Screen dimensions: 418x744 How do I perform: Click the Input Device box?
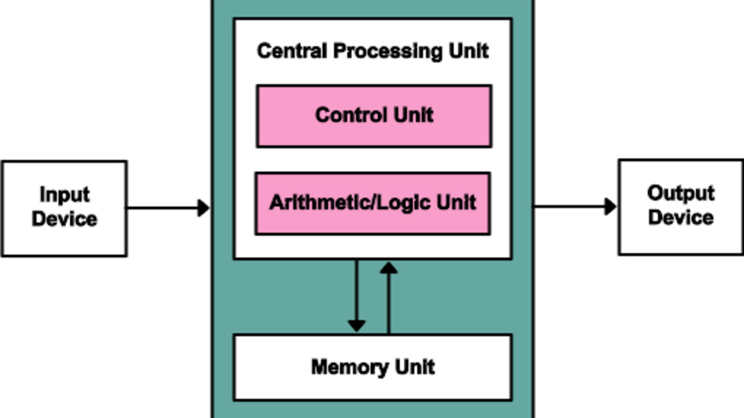pyautogui.click(x=64, y=208)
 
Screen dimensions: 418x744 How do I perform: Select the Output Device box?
pyautogui.click(x=681, y=207)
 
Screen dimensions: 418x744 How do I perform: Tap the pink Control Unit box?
pyautogui.click(x=374, y=116)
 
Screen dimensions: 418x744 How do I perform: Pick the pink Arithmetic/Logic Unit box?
pyautogui.click(x=373, y=203)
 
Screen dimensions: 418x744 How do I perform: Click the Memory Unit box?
pyautogui.click(x=373, y=367)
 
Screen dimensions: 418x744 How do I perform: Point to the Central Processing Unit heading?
pyautogui.click(x=373, y=51)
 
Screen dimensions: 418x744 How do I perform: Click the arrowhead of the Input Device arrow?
pyautogui.click(x=203, y=208)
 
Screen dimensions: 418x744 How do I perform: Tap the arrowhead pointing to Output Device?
pyautogui.click(x=610, y=207)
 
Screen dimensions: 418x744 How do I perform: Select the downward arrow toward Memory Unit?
pyautogui.click(x=356, y=297)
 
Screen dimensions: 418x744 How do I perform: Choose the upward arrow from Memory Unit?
pyautogui.click(x=389, y=297)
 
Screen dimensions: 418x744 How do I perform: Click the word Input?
pyautogui.click(x=64, y=194)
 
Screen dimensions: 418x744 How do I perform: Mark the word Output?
pyautogui.click(x=681, y=193)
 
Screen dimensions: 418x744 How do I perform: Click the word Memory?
pyautogui.click(x=344, y=367)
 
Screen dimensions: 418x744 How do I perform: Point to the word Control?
pyautogui.click(x=347, y=115)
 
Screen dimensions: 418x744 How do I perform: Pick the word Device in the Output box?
pyautogui.click(x=681, y=218)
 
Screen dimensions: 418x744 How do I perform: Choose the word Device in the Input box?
pyautogui.click(x=64, y=219)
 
